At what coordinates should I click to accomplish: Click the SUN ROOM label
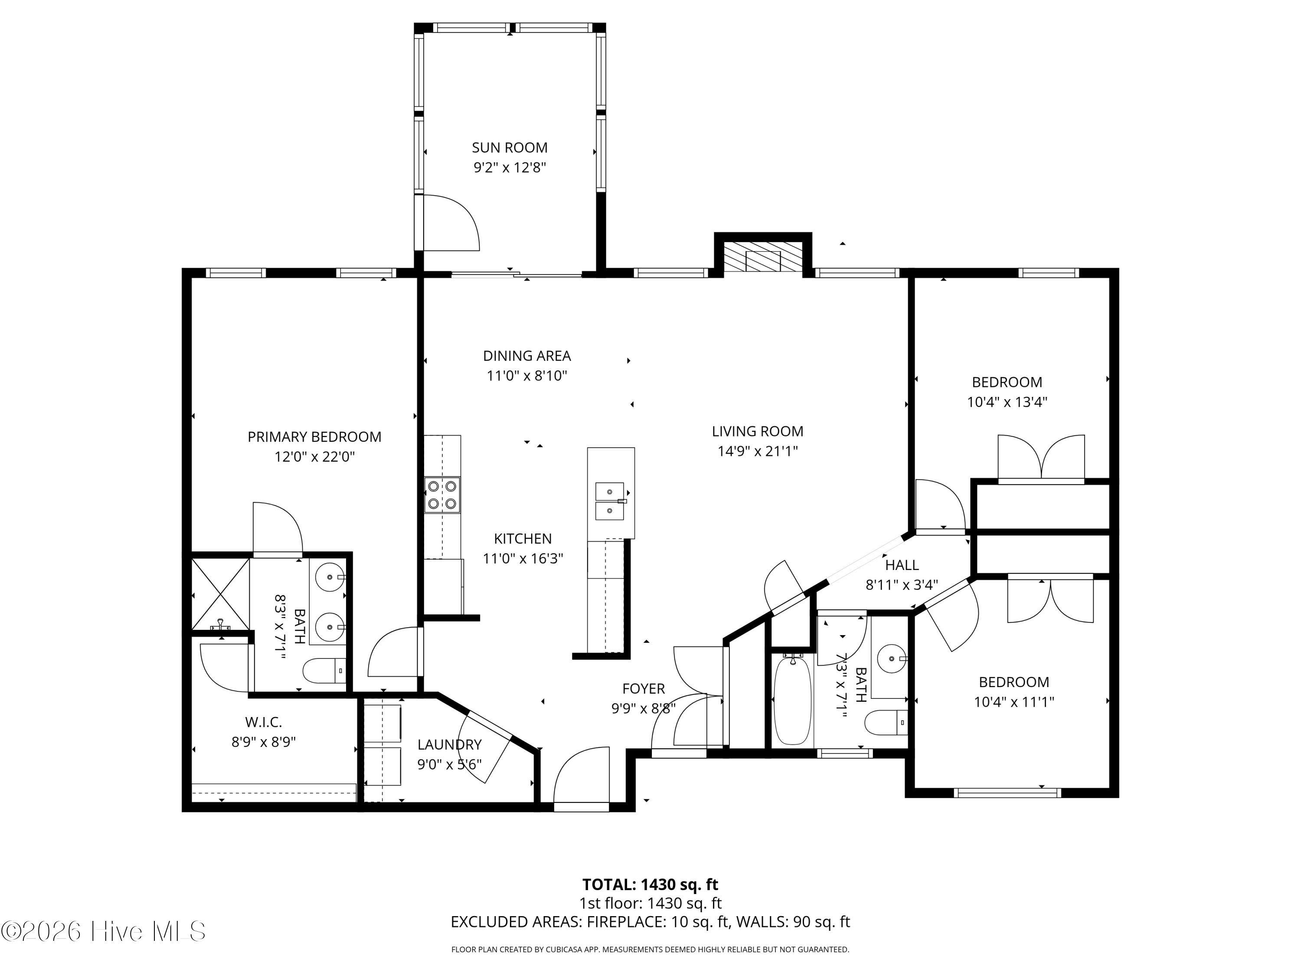510,147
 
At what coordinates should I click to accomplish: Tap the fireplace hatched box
763,257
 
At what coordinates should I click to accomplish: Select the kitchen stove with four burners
442,495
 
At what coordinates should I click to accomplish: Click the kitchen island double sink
610,501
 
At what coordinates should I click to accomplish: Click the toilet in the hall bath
886,722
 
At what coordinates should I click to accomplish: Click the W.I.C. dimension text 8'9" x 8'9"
264,742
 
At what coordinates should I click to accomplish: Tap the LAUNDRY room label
449,745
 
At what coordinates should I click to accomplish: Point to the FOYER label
644,688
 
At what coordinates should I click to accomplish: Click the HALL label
902,565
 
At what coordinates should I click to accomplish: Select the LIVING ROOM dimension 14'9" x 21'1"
758,451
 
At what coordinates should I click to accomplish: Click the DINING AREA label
527,356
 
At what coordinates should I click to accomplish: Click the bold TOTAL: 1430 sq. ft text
650,884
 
